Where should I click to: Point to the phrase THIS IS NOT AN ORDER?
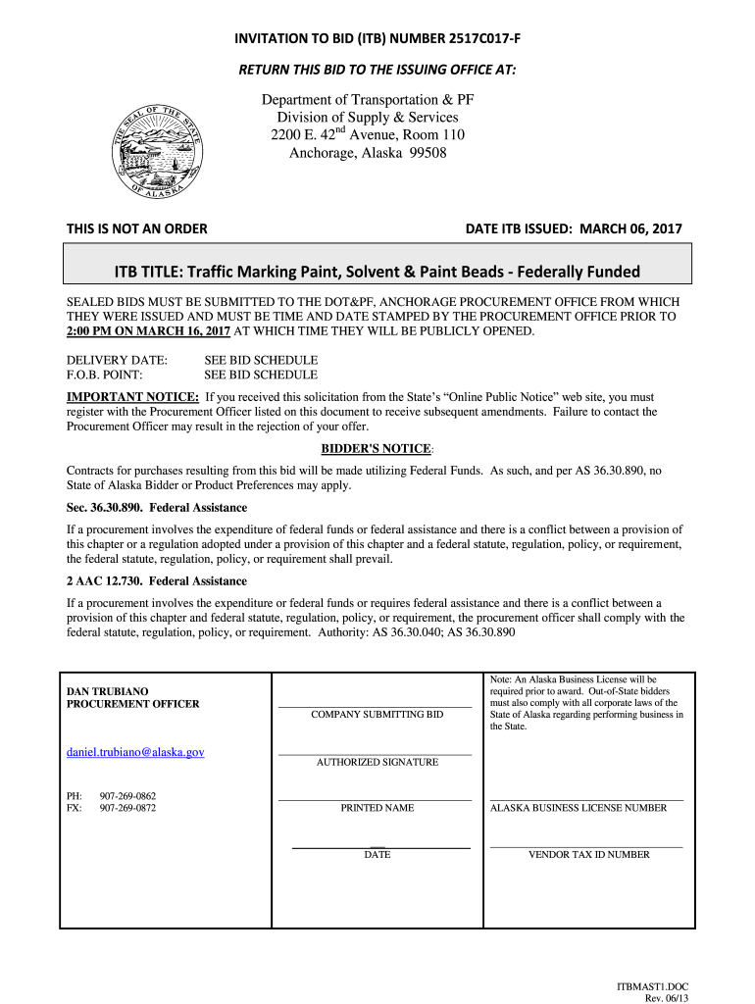(x=136, y=229)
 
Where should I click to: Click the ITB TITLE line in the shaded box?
(x=377, y=271)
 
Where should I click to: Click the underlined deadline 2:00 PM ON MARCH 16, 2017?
(x=148, y=331)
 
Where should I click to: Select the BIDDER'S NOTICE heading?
(x=377, y=449)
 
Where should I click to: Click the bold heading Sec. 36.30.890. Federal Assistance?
(x=157, y=508)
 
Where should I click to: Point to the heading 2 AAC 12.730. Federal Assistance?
(x=157, y=581)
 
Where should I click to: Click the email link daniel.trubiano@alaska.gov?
(x=135, y=752)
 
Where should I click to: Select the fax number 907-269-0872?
(x=127, y=808)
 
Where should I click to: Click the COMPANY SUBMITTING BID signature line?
(x=376, y=706)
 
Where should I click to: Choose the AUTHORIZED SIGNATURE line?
(x=376, y=754)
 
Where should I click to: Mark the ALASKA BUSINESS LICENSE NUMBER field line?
(x=586, y=800)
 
